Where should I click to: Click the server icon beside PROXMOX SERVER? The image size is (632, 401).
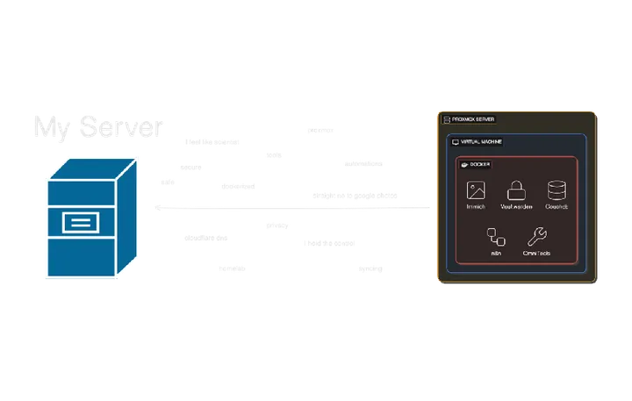coord(447,118)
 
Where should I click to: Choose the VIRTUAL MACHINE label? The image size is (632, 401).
coord(482,141)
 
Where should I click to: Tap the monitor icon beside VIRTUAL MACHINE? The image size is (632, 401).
coord(455,141)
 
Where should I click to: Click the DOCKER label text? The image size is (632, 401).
coord(480,164)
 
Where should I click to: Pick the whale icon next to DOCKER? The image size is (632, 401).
coord(464,164)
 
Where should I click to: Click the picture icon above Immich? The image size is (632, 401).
coord(477,190)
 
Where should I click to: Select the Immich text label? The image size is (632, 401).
coord(477,207)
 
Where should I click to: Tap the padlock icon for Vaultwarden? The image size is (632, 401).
coord(516,189)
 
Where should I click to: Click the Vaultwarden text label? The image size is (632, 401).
coord(516,207)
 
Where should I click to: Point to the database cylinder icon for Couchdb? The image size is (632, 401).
coord(557,190)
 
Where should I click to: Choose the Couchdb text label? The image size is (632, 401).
coord(557,207)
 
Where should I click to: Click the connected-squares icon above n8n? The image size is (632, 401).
coord(496,235)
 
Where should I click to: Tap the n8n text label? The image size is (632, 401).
coord(496,253)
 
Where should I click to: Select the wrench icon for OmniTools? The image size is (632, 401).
coord(536,235)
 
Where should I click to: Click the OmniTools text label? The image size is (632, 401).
coord(536,253)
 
